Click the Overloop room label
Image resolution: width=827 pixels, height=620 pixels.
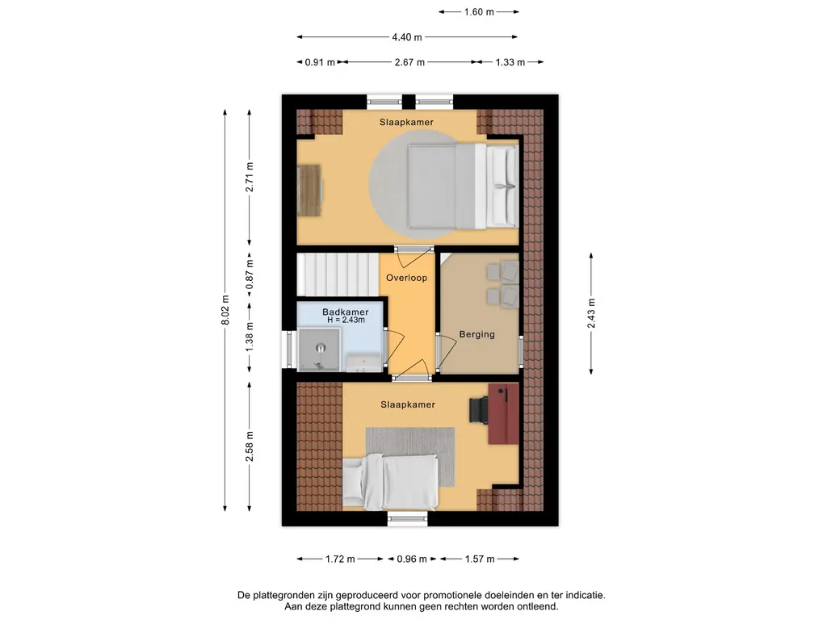tap(406, 278)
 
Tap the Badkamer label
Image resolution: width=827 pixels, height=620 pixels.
tap(346, 312)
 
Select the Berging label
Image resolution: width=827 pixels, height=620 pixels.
tap(476, 334)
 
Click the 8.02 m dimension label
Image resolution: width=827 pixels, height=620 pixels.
tap(225, 311)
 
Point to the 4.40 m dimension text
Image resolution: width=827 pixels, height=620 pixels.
tap(407, 37)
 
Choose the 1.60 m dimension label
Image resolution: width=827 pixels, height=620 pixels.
tap(479, 11)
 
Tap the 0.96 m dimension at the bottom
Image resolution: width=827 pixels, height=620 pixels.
tap(412, 559)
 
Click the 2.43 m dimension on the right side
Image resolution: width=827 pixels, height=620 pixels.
tap(591, 313)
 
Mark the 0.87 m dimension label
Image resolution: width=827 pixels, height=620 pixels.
tap(250, 274)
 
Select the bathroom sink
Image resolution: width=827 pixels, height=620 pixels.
tap(363, 362)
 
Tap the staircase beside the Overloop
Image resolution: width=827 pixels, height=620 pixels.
tap(338, 274)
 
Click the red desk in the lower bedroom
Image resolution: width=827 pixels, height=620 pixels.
tap(504, 414)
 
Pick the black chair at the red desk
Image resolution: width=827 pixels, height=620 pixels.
tap(479, 410)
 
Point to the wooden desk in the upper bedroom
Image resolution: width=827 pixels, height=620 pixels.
tap(309, 190)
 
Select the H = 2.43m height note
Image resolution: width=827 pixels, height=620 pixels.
tap(346, 320)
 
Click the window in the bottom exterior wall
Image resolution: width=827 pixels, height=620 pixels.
tap(407, 519)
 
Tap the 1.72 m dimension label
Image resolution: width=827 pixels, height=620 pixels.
tap(340, 559)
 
